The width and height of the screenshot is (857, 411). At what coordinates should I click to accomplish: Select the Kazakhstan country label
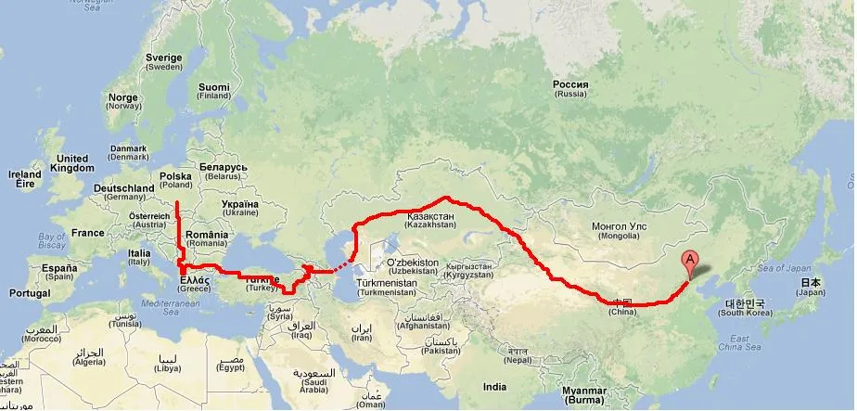point(431,220)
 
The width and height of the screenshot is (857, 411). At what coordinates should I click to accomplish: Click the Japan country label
point(811,287)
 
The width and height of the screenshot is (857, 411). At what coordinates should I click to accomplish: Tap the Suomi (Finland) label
point(212,91)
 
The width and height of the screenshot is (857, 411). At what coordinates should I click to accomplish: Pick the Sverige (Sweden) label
point(164,62)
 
